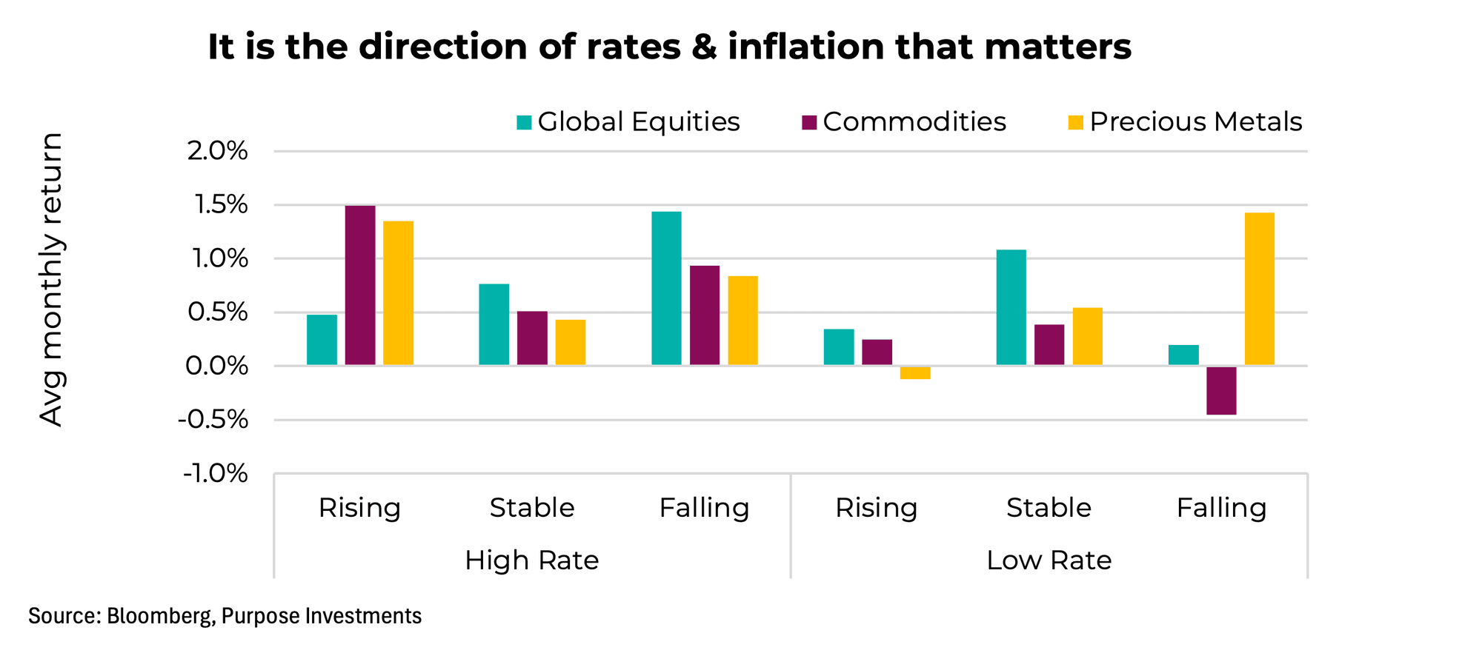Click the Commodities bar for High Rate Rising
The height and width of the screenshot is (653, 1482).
point(360,285)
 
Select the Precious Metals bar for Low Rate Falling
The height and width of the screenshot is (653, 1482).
point(1259,289)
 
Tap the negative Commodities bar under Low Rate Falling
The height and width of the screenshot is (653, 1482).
point(1221,390)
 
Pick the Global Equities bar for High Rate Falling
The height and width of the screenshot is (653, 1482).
point(666,288)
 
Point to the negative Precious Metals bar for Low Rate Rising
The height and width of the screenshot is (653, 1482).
point(915,372)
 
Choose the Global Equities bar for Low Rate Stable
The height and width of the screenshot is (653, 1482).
point(1011,307)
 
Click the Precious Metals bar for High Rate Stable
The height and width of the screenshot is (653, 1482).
point(570,342)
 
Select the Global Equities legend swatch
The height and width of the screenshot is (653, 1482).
point(524,123)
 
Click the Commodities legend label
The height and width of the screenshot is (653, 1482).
point(914,122)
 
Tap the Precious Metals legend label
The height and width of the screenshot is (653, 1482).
point(1195,122)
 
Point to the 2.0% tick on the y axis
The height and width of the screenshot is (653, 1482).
point(217,152)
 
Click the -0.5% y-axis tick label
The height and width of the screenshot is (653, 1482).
point(213,420)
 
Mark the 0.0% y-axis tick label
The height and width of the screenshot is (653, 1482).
point(216,366)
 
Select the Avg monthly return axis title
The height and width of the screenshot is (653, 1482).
point(50,279)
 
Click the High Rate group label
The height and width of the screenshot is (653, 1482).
point(531,560)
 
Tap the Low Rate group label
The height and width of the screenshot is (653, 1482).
point(1049,560)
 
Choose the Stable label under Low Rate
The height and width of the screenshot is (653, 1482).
point(1049,508)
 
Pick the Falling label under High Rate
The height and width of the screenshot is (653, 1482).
point(704,508)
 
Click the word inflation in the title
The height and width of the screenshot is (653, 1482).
point(806,47)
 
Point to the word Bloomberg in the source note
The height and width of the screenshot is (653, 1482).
point(159,616)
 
